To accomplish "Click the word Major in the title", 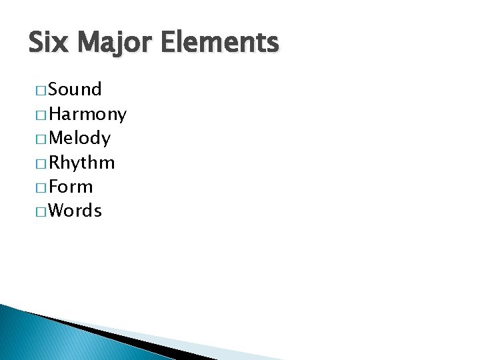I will click(x=116, y=43).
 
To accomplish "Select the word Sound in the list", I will click(x=75, y=90).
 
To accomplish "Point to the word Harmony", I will click(x=87, y=115).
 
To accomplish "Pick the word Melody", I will click(x=79, y=139).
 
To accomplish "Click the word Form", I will click(x=71, y=187).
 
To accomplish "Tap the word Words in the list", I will click(x=75, y=211).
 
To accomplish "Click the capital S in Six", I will click(x=37, y=43).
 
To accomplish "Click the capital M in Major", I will click(x=87, y=43).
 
